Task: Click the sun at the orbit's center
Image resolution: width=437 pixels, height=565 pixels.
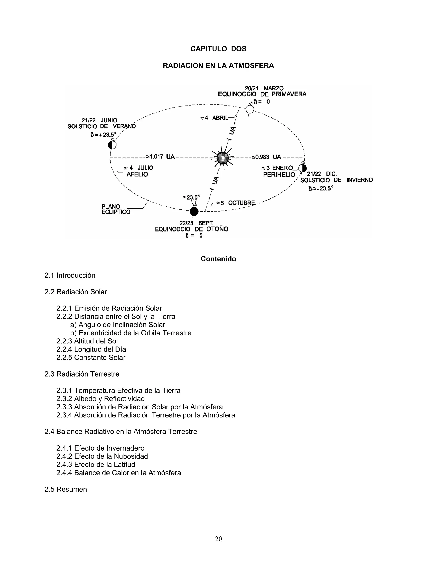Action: tap(223, 158)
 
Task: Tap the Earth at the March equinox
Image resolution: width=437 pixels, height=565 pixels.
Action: tap(250, 109)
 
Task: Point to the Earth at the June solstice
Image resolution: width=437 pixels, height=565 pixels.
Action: tap(112, 145)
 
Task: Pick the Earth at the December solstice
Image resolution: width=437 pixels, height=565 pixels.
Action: tap(302, 168)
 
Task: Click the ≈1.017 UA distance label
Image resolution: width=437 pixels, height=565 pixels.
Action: tap(160, 157)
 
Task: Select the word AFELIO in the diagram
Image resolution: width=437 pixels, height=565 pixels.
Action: tap(137, 174)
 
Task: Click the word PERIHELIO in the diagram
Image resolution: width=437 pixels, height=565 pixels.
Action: tap(279, 175)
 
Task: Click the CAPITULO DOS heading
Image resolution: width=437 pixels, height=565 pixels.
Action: tap(218, 49)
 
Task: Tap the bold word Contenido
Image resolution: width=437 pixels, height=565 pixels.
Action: tap(218, 259)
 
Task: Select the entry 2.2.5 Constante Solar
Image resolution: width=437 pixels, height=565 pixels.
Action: tap(91, 358)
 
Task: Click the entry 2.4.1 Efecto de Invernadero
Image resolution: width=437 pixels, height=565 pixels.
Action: tap(101, 448)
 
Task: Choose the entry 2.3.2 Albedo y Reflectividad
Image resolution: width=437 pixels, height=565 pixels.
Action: tap(101, 399)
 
